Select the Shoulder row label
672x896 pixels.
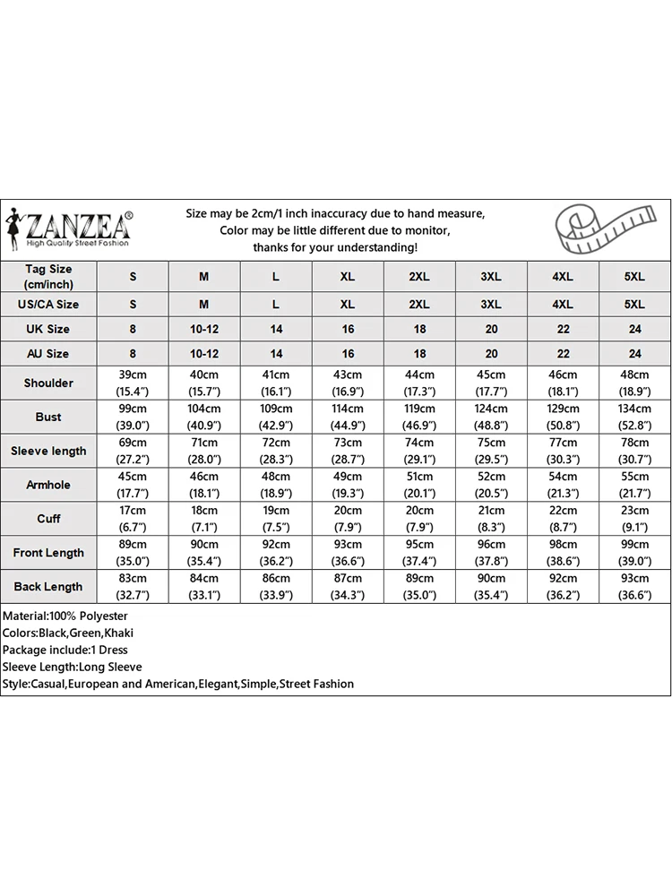[48, 383]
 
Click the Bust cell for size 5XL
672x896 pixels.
[634, 418]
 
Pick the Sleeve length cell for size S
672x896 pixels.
[133, 451]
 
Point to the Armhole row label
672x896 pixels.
[48, 485]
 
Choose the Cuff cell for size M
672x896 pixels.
[204, 519]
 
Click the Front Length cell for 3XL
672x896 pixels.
[491, 553]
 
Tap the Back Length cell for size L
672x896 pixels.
[276, 587]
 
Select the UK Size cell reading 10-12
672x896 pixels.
[204, 329]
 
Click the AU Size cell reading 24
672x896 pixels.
[634, 354]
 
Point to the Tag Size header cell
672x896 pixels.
[48, 277]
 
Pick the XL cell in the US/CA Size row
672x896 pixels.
[348, 304]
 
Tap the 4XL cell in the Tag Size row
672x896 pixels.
[563, 277]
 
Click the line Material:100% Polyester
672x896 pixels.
[65, 616]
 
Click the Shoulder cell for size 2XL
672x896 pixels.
[419, 383]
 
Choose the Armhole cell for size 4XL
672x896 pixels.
[563, 485]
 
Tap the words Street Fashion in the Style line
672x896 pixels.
[316, 684]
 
